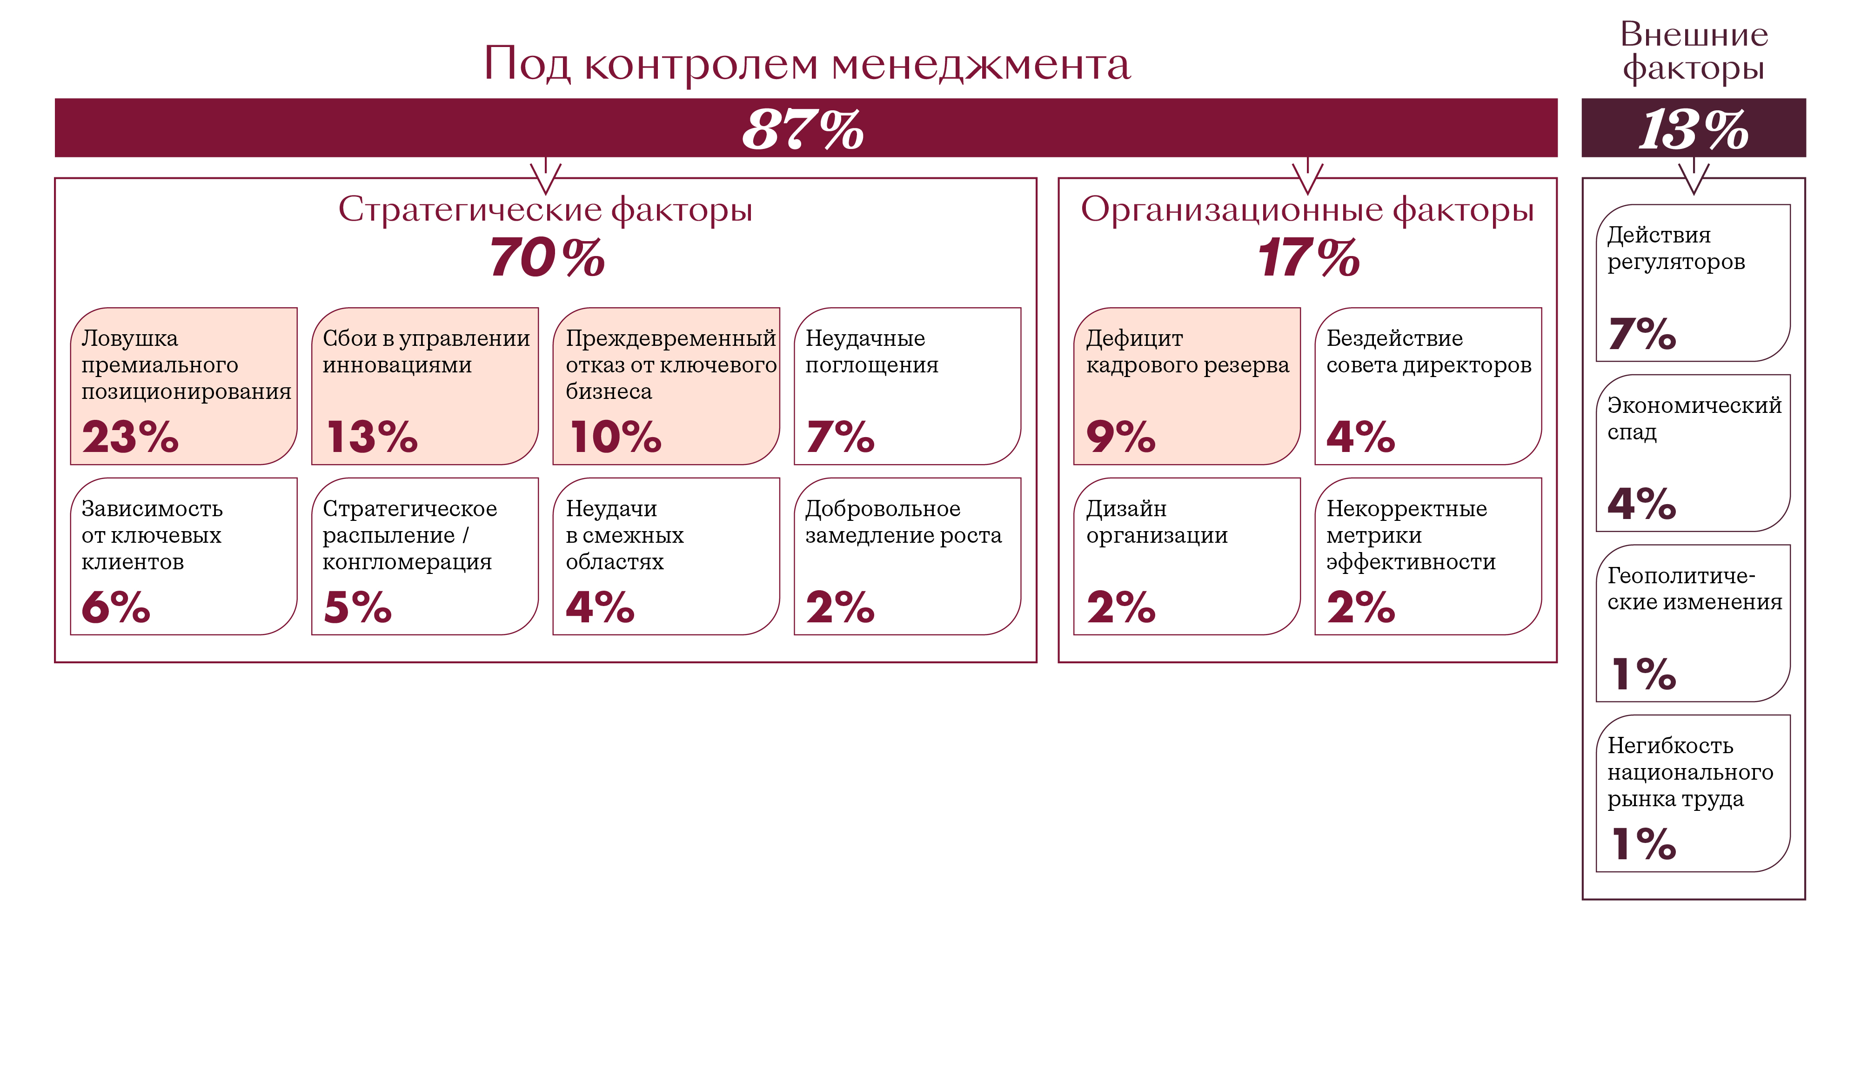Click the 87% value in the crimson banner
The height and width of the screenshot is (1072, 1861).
[x=803, y=129]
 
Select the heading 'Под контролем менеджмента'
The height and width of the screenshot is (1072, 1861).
[x=806, y=64]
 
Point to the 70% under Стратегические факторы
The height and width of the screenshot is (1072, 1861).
[x=547, y=258]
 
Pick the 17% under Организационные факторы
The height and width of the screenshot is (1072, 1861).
[x=1308, y=258]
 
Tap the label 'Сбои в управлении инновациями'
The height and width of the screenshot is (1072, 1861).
[x=426, y=351]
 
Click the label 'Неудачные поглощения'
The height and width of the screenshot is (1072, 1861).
[x=871, y=351]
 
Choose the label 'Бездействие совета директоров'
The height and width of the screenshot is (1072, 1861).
[x=1428, y=351]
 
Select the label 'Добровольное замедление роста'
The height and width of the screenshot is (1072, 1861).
[x=903, y=521]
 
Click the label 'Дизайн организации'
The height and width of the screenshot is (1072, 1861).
[x=1156, y=521]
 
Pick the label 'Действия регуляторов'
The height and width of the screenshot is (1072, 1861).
[x=1675, y=248]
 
